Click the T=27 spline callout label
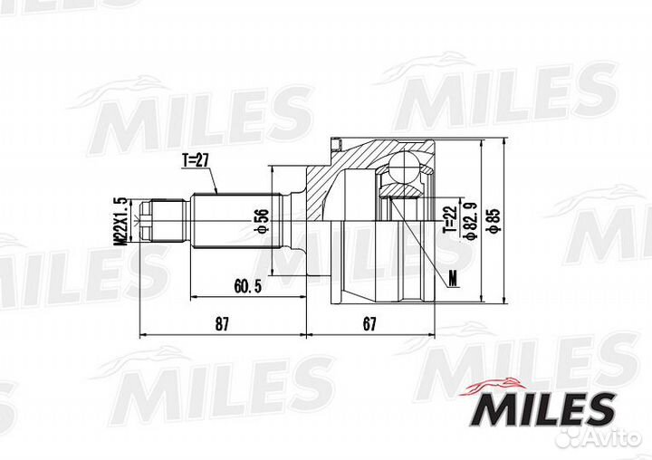pos(195,160)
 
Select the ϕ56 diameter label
pos(263,221)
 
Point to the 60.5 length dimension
pos(248,286)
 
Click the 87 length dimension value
pos(222,324)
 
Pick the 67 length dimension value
pos(369,324)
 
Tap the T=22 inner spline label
pos(450,220)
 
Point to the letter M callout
pos(453,278)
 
